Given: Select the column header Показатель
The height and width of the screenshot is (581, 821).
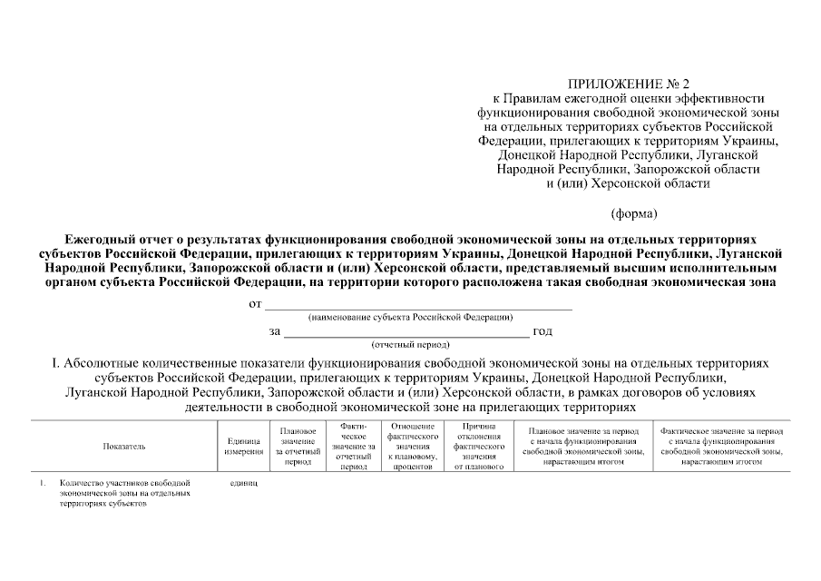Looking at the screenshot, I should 124,446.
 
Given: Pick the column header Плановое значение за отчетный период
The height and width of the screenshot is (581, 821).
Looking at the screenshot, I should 298,446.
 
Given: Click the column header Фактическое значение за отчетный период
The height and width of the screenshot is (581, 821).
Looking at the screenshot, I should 353,446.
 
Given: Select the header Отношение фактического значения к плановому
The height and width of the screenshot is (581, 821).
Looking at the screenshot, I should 413,446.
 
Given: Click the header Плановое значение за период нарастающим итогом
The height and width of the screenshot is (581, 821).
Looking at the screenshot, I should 583,446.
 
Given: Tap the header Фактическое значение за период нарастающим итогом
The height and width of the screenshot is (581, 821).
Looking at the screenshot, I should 722,446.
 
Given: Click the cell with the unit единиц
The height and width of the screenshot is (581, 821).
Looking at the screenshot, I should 245,484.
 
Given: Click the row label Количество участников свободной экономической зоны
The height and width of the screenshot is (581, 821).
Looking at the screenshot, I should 124,494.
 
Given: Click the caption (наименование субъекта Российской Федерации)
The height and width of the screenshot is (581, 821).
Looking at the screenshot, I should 411,318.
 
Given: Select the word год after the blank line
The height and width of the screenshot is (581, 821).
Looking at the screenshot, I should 542,331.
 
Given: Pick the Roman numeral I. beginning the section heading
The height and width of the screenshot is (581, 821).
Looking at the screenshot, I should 56,363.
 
